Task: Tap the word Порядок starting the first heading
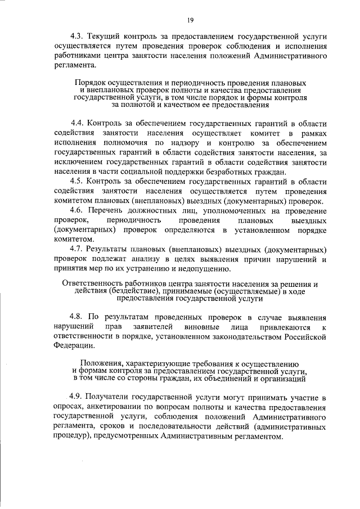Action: (92, 82)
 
